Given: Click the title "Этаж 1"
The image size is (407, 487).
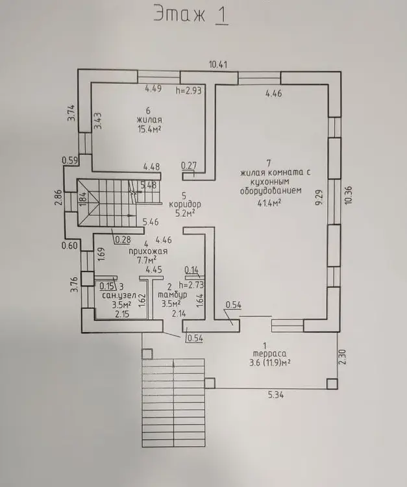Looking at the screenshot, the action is pos(191,14).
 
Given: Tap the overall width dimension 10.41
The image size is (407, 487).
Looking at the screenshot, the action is pos(218,64).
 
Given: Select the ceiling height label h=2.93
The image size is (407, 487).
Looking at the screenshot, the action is pos(189,90).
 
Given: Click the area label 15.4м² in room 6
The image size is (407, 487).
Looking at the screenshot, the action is pos(149,129).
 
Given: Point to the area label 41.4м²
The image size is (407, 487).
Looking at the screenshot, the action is pos(269,203).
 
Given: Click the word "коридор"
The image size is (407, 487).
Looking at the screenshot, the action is pos(185,205).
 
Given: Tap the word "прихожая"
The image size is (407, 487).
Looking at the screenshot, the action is pos(148,251).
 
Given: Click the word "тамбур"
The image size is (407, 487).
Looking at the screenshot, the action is pos(173,294).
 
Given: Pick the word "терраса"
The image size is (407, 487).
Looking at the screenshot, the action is pos(269,353).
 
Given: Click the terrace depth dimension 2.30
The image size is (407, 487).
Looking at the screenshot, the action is pos(342,357).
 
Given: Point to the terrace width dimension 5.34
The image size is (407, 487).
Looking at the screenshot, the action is pos(276,395).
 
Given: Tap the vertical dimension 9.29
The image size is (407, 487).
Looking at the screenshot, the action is pos(321,197).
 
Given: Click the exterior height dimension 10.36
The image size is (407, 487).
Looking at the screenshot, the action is pos(348,195).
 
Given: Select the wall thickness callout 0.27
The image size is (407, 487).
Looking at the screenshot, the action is pos(189,166).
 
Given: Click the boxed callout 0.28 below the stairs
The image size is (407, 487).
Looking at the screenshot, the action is pos(123,240).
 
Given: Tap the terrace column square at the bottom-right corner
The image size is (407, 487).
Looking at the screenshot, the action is pos(332,384).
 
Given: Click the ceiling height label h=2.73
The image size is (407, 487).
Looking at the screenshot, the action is pos(191,285).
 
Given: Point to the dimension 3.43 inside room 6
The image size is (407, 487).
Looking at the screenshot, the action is pos(98,121).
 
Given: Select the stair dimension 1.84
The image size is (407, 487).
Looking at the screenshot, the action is pos(82,199).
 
